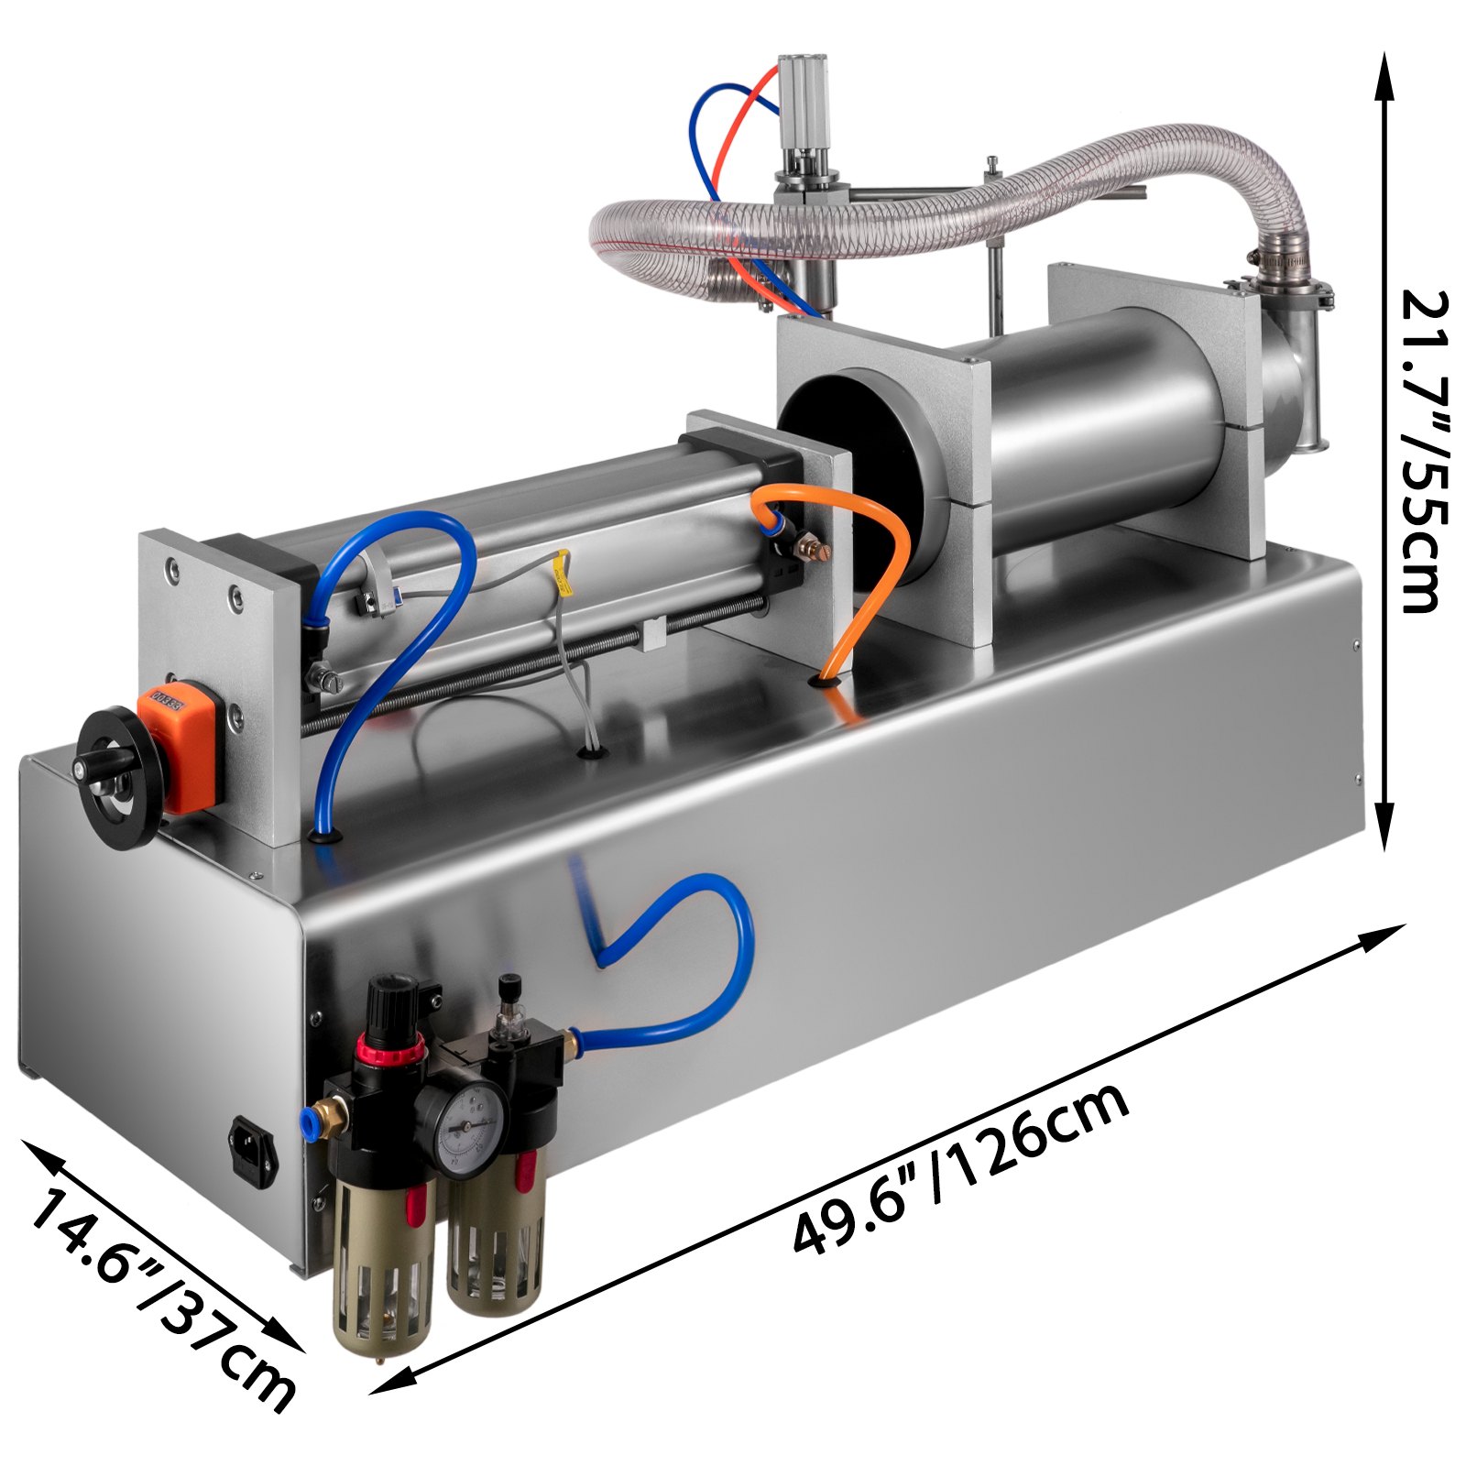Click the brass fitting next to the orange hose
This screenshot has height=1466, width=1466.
click(x=808, y=550)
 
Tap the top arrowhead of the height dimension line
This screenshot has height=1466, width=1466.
click(x=1384, y=69)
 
